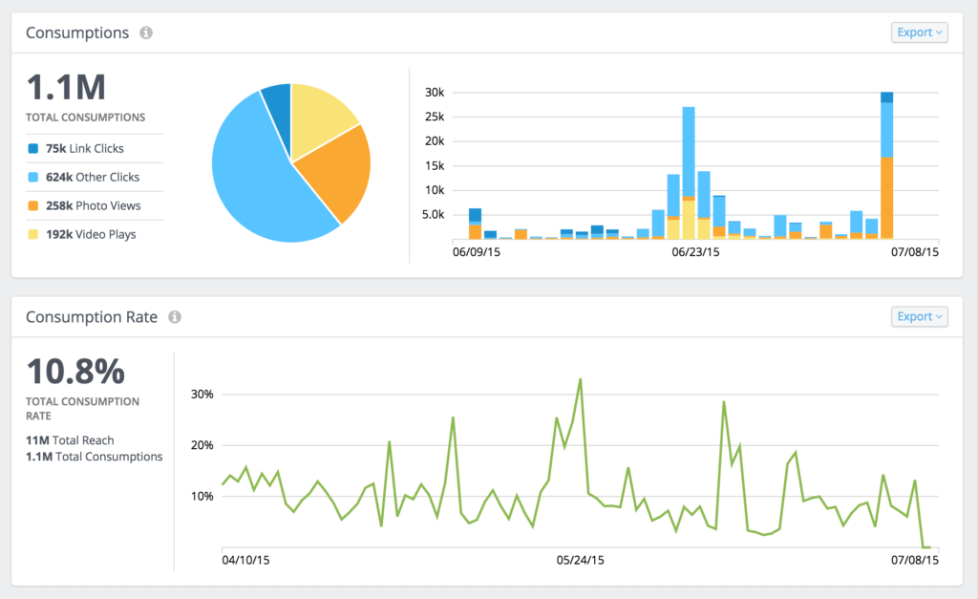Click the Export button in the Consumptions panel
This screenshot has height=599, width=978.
[920, 32]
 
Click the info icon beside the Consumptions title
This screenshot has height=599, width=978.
[146, 32]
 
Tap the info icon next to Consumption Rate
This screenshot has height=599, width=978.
[175, 317]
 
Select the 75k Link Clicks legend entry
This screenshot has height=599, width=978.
[84, 148]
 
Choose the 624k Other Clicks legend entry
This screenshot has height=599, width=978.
[92, 177]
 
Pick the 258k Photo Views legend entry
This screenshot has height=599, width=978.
[93, 205]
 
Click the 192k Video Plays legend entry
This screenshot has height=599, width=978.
[90, 234]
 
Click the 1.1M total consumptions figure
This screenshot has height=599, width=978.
[65, 88]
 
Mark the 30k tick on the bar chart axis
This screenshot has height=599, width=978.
[435, 93]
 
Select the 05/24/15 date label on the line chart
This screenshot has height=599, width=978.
[580, 560]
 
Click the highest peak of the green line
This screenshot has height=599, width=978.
[580, 379]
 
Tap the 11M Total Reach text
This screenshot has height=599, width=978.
[70, 440]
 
